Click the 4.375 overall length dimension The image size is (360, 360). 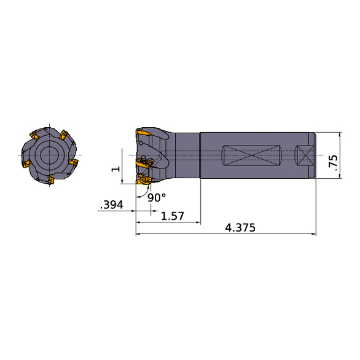point(240,227)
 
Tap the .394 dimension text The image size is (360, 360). point(112,205)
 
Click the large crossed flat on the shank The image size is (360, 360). point(250,155)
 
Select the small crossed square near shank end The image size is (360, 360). point(303,155)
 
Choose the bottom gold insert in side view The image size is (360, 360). point(144,180)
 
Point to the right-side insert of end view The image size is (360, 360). point(73,162)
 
